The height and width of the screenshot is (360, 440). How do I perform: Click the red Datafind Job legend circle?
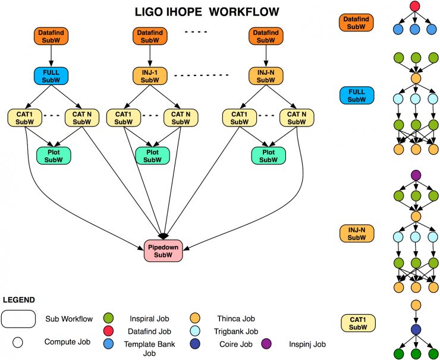[108, 331]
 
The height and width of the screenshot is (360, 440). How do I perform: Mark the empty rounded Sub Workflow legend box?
[20, 319]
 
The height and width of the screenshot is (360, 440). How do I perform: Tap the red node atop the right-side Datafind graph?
[414, 7]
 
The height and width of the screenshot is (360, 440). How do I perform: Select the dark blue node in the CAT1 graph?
[414, 330]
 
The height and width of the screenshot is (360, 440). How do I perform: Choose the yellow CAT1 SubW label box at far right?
[356, 323]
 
